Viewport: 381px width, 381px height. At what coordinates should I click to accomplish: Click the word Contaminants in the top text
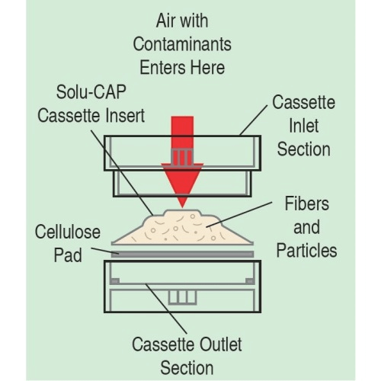182,44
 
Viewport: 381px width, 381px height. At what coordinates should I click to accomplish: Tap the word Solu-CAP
91,91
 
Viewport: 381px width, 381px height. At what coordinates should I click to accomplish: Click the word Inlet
304,126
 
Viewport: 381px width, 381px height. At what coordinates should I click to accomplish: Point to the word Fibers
306,203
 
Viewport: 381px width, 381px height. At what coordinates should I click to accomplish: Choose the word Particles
306,251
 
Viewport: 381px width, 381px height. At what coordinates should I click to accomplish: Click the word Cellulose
68,232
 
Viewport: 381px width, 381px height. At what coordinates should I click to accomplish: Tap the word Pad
68,255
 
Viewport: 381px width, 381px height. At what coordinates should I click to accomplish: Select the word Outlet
220,344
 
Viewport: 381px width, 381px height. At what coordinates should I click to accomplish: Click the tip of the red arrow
182,207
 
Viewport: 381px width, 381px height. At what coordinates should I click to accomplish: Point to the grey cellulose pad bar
182,254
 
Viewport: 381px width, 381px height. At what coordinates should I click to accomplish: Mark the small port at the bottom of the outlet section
182,297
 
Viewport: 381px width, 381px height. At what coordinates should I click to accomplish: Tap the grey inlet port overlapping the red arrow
182,158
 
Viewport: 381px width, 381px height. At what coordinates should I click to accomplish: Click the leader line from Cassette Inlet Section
253,120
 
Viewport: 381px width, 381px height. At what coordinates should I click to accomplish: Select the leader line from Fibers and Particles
239,214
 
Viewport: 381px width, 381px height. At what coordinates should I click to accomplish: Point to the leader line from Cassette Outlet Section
166,309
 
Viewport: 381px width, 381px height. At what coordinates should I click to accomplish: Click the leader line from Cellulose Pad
105,251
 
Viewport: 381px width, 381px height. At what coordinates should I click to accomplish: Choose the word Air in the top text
166,21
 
